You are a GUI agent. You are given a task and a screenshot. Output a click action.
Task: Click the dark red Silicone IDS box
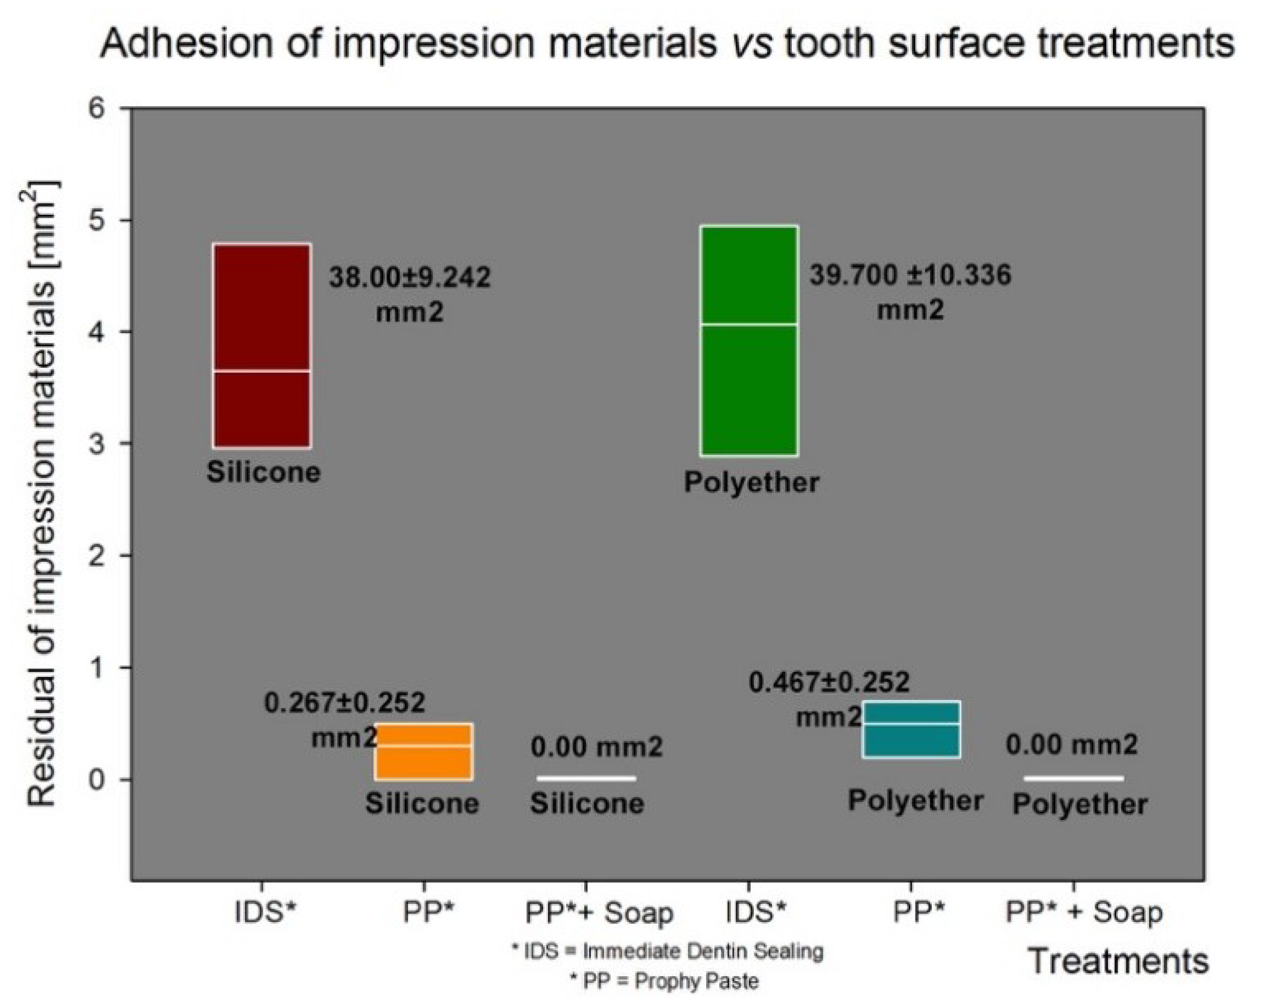(x=262, y=314)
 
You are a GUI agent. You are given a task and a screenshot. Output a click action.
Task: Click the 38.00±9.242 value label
(x=410, y=279)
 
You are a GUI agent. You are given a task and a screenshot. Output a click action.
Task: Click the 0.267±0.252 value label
(x=345, y=703)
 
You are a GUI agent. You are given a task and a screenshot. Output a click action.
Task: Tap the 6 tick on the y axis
(x=97, y=109)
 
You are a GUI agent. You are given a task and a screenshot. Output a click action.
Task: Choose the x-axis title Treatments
(x=1118, y=961)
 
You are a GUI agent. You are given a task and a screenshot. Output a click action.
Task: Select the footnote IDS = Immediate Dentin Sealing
(x=668, y=952)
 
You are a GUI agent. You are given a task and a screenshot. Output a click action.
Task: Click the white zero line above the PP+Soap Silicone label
(x=586, y=778)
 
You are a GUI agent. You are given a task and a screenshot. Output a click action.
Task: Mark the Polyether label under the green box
(x=751, y=483)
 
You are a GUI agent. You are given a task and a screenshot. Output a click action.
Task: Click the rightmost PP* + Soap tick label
(x=1084, y=913)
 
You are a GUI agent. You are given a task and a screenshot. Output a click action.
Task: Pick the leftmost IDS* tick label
(x=266, y=913)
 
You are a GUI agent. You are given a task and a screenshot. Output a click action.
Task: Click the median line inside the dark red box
(x=262, y=370)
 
